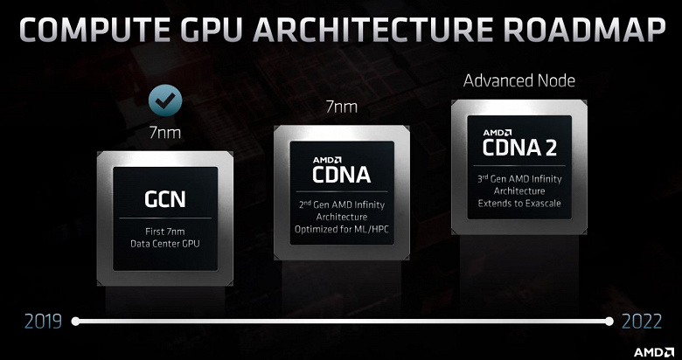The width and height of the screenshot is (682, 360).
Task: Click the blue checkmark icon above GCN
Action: tap(165, 100)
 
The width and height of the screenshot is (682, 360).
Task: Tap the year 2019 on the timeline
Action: tap(43, 322)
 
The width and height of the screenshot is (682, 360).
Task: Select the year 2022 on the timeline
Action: tap(642, 322)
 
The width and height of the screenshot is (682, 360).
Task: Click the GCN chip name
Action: tap(165, 199)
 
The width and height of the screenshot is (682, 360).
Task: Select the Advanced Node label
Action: tap(519, 81)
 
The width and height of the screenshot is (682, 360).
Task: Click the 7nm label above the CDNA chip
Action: tap(342, 107)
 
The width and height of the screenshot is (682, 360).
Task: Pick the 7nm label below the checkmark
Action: tap(165, 133)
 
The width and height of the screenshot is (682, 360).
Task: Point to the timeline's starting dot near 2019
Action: tap(76, 322)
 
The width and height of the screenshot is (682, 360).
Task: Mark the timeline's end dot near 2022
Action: tap(609, 322)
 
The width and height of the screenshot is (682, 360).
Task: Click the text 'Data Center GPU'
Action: tap(165, 244)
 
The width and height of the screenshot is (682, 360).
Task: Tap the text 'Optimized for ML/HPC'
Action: tap(341, 229)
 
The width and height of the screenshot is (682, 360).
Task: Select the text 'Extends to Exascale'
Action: tap(519, 203)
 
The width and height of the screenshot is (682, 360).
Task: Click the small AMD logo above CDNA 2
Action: tap(498, 133)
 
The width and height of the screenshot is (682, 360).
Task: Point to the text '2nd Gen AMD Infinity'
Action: tap(341, 204)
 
